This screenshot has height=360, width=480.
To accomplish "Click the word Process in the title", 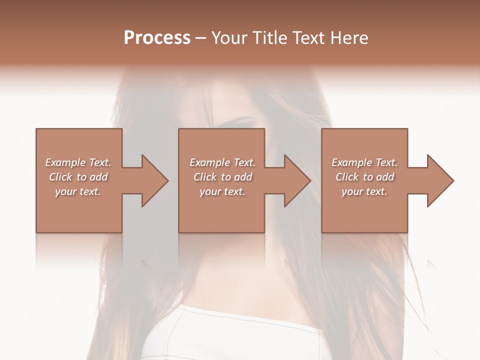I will [157, 38].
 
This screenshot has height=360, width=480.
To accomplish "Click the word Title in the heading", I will [270, 38].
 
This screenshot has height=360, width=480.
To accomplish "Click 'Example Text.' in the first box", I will [78, 162].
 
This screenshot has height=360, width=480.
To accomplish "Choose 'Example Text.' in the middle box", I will [222, 162].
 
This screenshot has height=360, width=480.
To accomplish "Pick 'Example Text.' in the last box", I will [364, 162].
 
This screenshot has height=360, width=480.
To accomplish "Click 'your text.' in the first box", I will [78, 191].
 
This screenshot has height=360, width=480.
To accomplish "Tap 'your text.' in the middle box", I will [222, 191].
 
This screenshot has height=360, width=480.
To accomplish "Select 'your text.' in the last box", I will [364, 191].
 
